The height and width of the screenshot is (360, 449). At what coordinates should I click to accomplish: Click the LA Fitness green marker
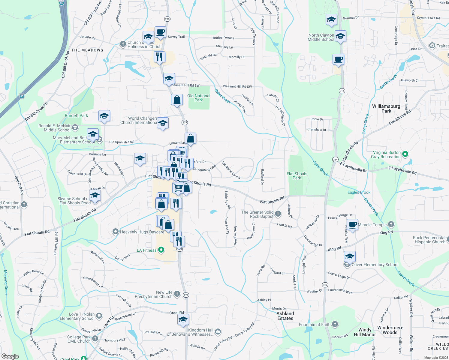161,250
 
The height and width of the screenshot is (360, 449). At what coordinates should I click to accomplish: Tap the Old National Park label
199,98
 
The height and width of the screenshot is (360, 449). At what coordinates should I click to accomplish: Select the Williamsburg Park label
386,109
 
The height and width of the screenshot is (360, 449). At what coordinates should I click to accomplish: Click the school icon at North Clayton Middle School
340,37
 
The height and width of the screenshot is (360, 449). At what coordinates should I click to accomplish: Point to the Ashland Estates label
285,316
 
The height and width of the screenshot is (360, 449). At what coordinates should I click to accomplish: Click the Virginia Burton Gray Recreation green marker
405,154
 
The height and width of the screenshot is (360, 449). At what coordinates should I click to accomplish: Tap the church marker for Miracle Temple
391,224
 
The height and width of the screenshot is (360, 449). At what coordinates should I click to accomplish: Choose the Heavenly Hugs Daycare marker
115,232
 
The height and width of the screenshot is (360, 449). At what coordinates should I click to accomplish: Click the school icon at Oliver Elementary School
349,257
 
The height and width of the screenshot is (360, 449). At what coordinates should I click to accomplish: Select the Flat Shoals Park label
297,176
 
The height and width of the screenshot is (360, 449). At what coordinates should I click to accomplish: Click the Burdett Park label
77,115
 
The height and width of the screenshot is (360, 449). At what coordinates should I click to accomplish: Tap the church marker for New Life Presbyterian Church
177,294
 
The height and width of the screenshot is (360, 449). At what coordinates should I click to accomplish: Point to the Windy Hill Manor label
365,332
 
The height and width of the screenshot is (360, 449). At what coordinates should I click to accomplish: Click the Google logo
10,356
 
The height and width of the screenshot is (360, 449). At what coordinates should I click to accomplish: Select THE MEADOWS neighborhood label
87,50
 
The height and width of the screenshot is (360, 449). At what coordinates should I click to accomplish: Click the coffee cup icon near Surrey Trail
160,32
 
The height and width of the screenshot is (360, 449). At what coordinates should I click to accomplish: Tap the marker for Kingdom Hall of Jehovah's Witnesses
218,332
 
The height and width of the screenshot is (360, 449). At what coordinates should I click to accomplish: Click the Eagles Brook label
359,192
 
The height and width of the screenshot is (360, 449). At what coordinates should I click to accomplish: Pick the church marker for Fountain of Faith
335,324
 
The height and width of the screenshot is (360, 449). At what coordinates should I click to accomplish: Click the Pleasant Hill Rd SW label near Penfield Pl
237,86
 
